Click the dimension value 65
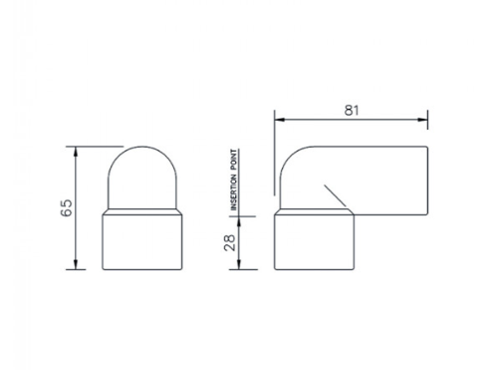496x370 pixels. coord(66,208)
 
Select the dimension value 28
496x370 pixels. coord(230,242)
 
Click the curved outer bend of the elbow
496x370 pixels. coord(289,162)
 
